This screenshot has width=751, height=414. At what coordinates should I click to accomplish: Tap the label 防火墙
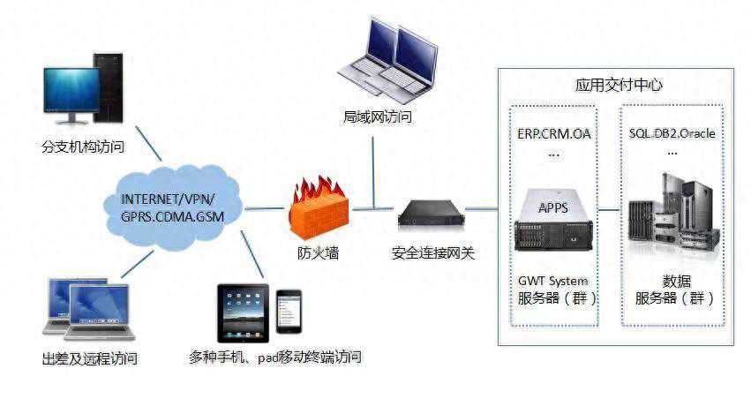[318, 253]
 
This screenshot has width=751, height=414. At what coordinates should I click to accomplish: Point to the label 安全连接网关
[432, 253]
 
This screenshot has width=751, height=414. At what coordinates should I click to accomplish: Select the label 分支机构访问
[83, 147]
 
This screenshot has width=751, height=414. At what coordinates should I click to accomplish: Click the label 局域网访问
[378, 116]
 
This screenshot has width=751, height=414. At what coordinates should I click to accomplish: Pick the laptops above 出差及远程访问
[88, 308]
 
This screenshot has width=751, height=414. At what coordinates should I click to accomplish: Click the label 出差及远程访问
[89, 358]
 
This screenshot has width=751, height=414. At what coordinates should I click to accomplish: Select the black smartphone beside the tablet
[289, 312]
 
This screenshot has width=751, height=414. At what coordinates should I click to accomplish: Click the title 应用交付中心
[618, 86]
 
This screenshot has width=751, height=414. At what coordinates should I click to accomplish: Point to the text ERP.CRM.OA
[553, 134]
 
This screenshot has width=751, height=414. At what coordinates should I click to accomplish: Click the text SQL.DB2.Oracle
[672, 134]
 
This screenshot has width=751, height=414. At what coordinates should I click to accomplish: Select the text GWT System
[553, 281]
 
